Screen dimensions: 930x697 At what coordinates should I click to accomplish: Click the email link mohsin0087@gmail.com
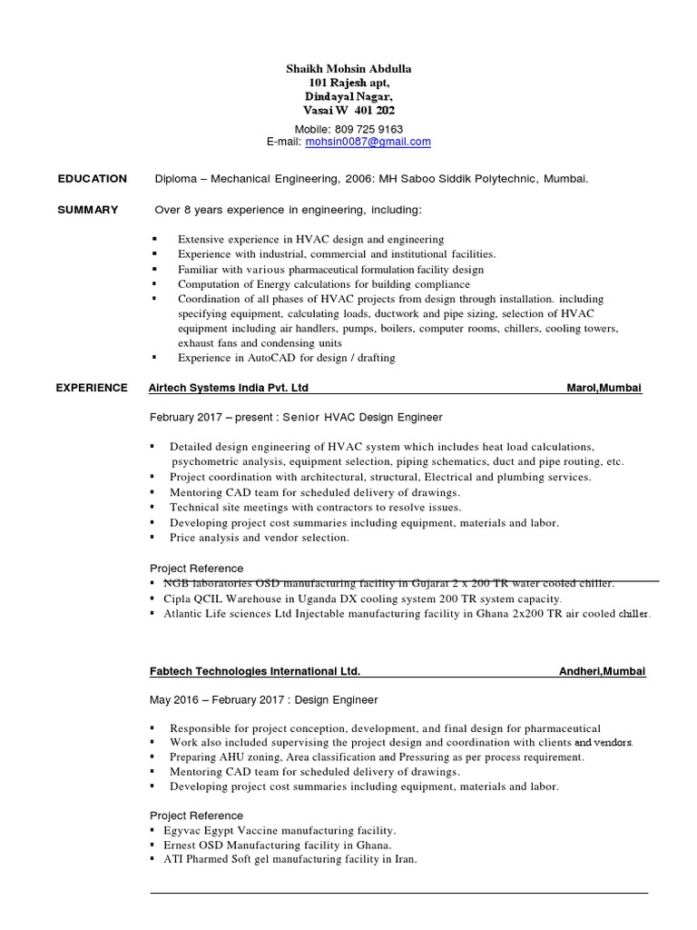[x=368, y=142]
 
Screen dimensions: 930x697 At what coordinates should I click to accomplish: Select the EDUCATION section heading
[x=92, y=179]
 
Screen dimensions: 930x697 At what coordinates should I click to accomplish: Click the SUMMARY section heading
[x=87, y=210]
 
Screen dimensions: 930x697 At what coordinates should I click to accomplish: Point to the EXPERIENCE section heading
[x=92, y=388]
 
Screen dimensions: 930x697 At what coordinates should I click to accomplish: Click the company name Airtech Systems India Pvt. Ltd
[x=228, y=388]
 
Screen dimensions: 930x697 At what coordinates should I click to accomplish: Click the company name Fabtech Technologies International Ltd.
[x=254, y=671]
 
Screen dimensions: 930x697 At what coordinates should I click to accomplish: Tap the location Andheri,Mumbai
[x=602, y=671]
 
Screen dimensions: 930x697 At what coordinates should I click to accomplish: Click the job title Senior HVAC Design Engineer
[x=362, y=418]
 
